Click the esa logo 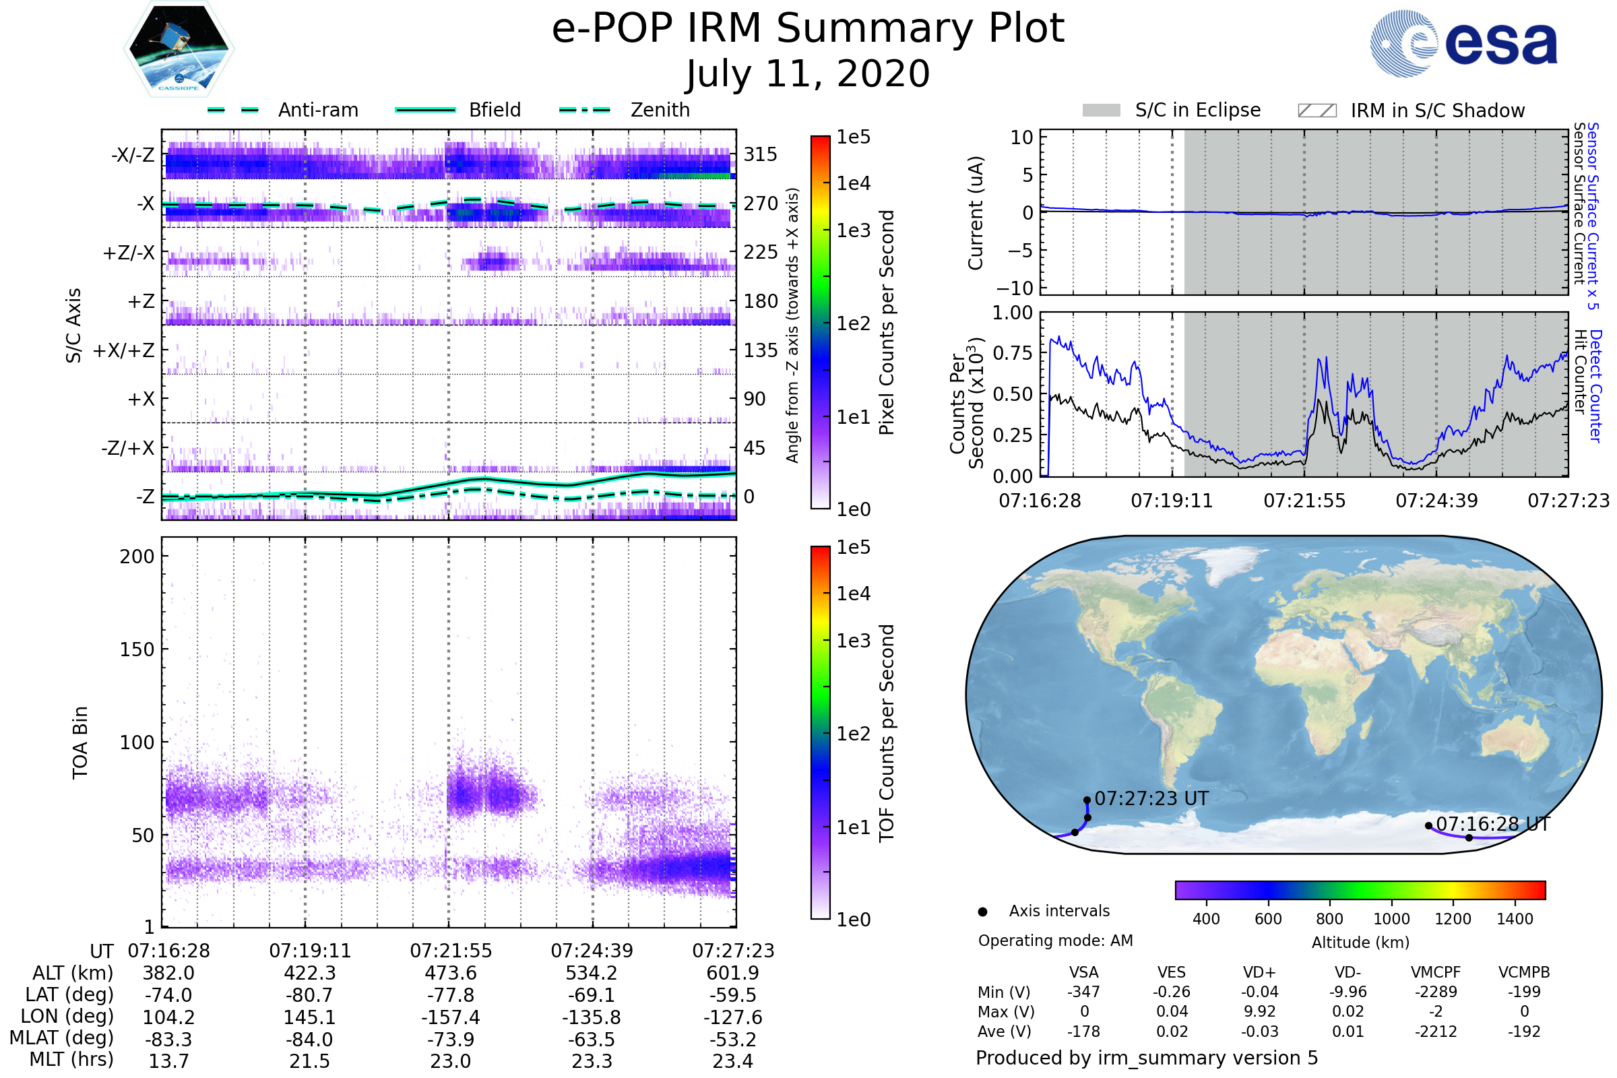pyautogui.click(x=1463, y=43)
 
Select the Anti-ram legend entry pyautogui.click(x=282, y=110)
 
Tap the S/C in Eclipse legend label pyautogui.click(x=1198, y=110)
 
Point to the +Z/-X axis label pyautogui.click(x=129, y=253)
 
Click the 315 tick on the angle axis pyautogui.click(x=761, y=154)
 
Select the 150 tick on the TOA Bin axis pyautogui.click(x=137, y=649)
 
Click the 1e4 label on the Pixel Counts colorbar pyautogui.click(x=853, y=183)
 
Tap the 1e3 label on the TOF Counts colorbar pyautogui.click(x=853, y=641)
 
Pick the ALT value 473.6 pyautogui.click(x=450, y=974)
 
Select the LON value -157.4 pyautogui.click(x=450, y=1017)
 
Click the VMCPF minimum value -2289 pyautogui.click(x=1436, y=992)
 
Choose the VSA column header pyautogui.click(x=1083, y=973)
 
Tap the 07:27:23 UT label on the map pyautogui.click(x=1151, y=799)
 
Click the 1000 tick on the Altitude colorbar pyautogui.click(x=1391, y=919)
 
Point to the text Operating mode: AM pyautogui.click(x=1055, y=941)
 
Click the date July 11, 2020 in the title pyautogui.click(x=808, y=74)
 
